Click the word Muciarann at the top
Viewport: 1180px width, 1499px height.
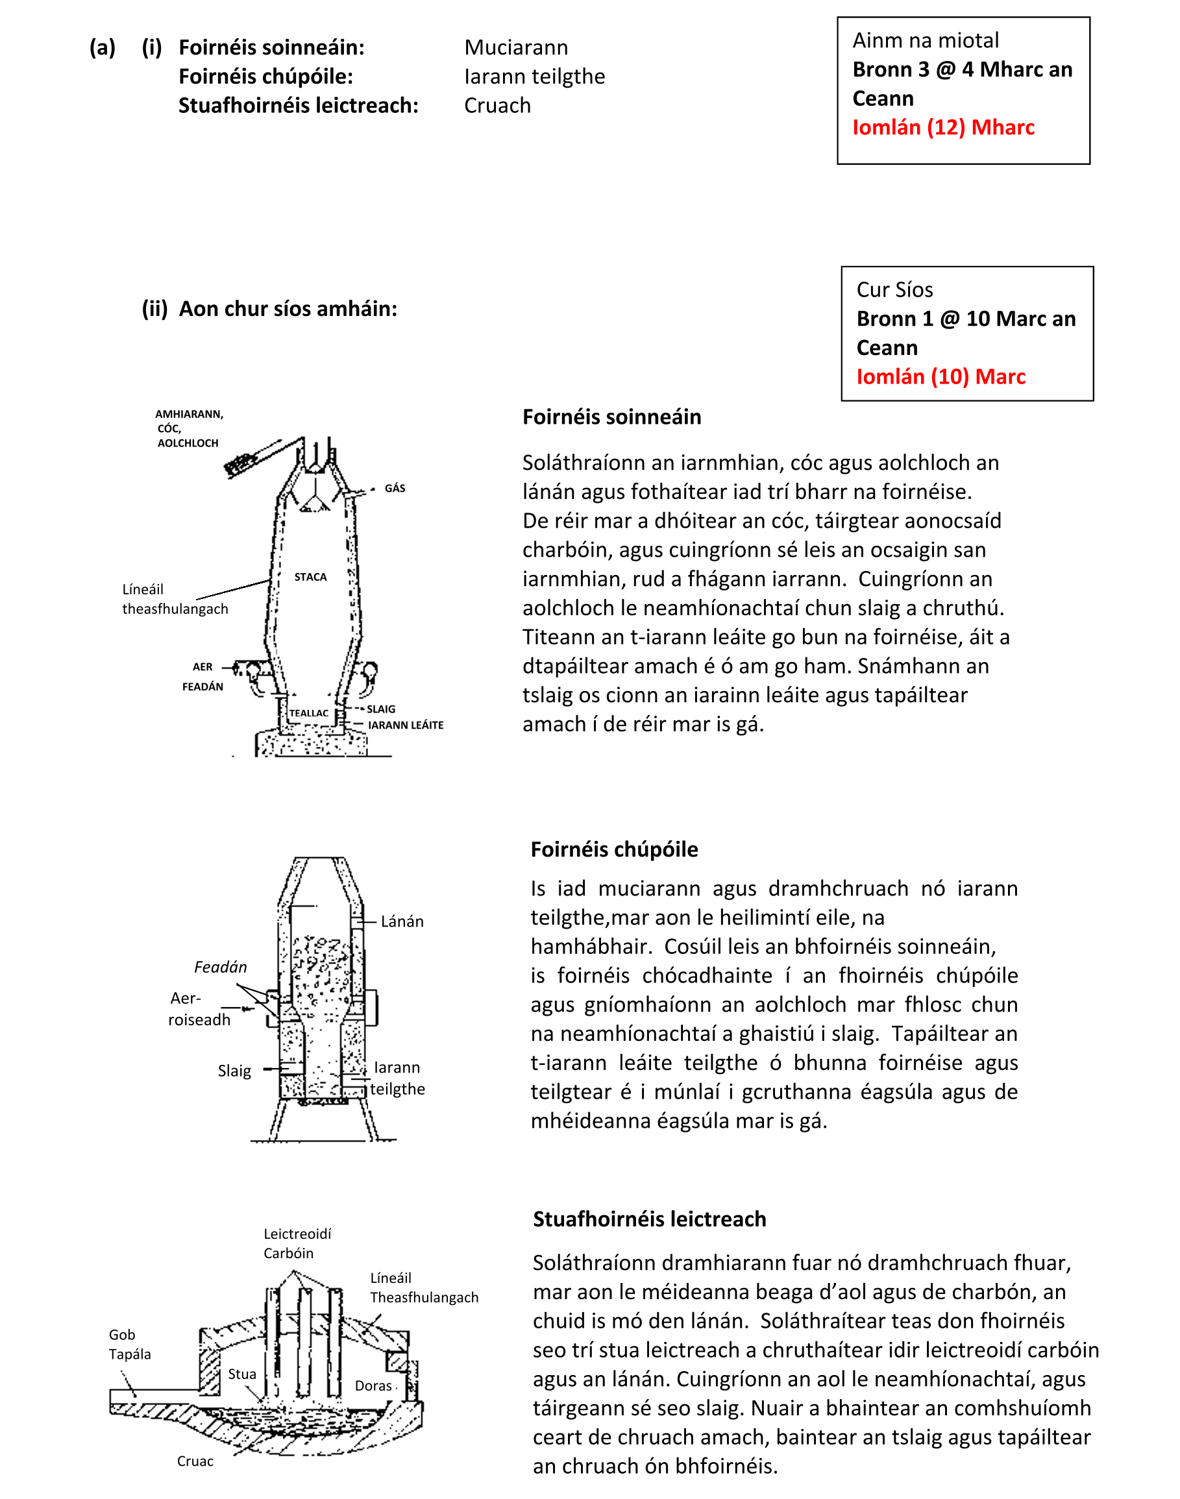point(516,47)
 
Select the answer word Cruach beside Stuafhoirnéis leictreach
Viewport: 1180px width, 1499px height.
point(497,106)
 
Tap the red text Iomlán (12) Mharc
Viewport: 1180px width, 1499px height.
point(943,128)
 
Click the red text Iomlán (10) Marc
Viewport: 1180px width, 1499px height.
point(940,377)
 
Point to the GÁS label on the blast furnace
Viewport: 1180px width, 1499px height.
point(395,489)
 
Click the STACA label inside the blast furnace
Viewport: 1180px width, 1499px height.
point(310,577)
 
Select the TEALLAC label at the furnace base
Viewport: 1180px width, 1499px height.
point(309,713)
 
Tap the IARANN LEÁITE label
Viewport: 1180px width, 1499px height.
point(406,725)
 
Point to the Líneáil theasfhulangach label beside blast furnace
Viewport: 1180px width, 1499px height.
point(174,599)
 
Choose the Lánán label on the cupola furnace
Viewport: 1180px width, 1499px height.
point(402,921)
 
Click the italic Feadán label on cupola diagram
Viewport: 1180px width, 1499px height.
point(221,967)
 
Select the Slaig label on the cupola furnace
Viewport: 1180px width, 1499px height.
point(234,1071)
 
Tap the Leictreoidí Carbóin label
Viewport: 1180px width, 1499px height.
point(297,1243)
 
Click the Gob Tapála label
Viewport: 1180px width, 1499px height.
point(129,1345)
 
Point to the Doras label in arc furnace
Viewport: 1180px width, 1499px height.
point(373,1385)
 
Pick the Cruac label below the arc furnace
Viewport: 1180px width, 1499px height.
point(195,1461)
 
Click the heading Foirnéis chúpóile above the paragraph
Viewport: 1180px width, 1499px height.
point(614,849)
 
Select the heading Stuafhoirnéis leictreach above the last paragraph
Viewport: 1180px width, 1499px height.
point(650,1219)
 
